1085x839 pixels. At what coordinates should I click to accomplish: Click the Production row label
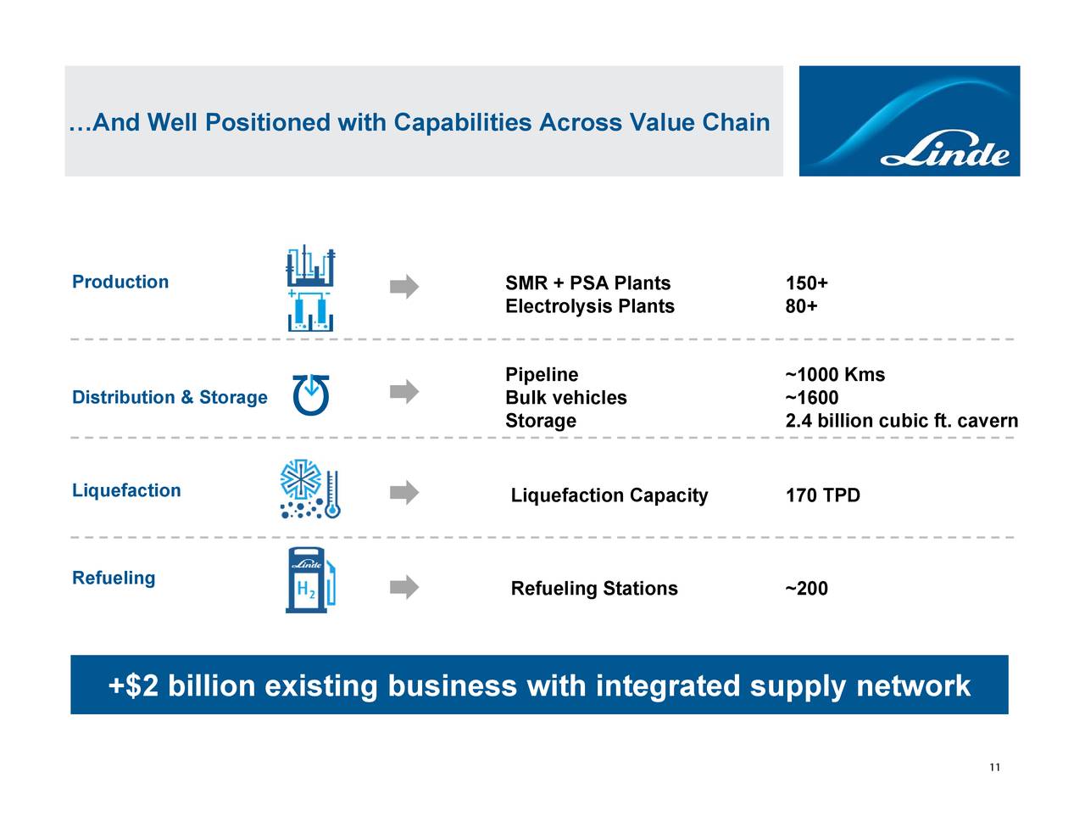pos(120,282)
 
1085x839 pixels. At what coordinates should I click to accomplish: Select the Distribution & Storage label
pos(170,398)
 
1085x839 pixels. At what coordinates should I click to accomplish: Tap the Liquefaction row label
pos(126,491)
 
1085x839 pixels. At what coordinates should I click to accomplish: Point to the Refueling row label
pos(114,579)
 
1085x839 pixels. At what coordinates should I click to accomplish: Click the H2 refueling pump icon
pos(311,582)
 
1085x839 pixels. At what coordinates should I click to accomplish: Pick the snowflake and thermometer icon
pos(310,490)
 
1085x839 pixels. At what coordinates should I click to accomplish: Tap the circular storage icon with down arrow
pos(311,395)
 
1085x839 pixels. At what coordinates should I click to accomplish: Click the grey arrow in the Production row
pos(404,287)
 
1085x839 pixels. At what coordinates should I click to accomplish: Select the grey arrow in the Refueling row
pos(404,587)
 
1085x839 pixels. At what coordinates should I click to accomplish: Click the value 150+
pos(806,283)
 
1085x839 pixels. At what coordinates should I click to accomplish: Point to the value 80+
pos(801,306)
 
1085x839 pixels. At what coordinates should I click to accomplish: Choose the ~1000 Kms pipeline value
pos(835,375)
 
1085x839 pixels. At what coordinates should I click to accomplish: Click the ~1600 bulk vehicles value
pos(812,398)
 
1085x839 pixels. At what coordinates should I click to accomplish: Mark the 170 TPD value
pos(822,495)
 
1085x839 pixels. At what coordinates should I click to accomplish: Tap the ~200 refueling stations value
pos(806,589)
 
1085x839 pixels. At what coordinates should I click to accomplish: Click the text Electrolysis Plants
pos(589,306)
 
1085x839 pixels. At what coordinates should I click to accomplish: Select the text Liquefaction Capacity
pos(609,495)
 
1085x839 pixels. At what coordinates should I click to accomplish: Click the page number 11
pos(994,768)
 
